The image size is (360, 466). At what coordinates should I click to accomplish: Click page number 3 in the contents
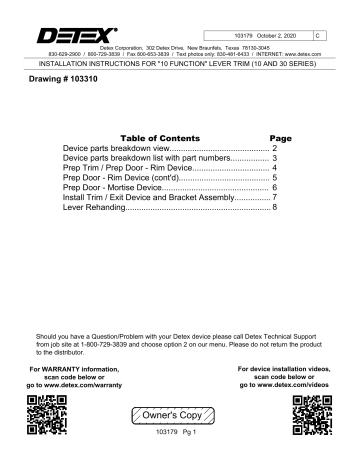click(273, 158)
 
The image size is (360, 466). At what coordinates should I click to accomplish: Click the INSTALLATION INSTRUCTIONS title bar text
click(180, 61)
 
